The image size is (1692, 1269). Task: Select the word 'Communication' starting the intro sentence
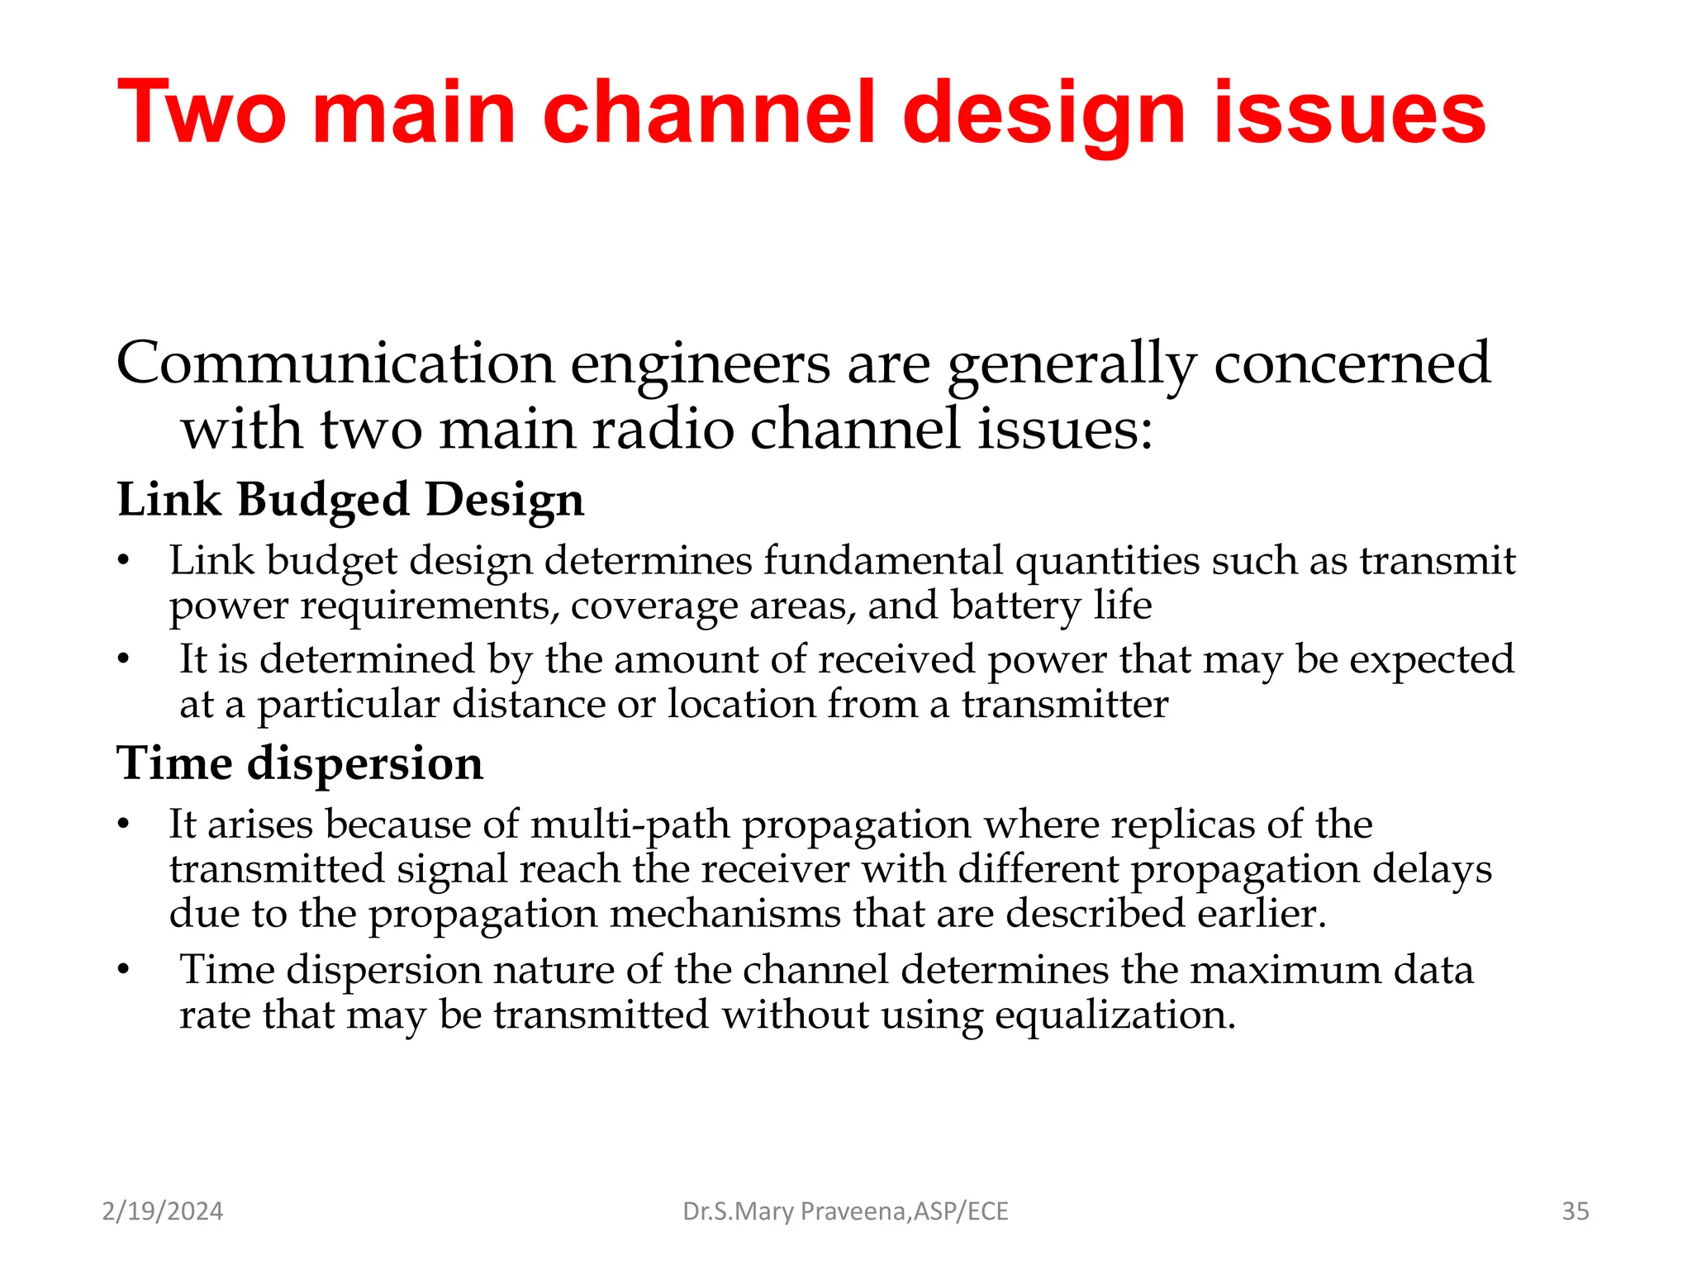[335, 364]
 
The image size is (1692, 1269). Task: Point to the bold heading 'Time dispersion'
[300, 763]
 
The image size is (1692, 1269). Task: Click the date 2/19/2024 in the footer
[163, 1211]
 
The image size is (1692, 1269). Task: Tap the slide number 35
[1575, 1211]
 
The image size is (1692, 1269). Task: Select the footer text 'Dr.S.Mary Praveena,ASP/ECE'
[845, 1211]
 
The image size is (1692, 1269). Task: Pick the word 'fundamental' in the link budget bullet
[882, 561]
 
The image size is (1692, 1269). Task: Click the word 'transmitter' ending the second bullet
[1064, 705]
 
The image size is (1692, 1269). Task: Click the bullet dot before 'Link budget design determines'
[124, 562]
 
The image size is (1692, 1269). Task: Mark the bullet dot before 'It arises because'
[124, 825]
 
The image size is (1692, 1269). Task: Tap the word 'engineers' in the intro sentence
[700, 364]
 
